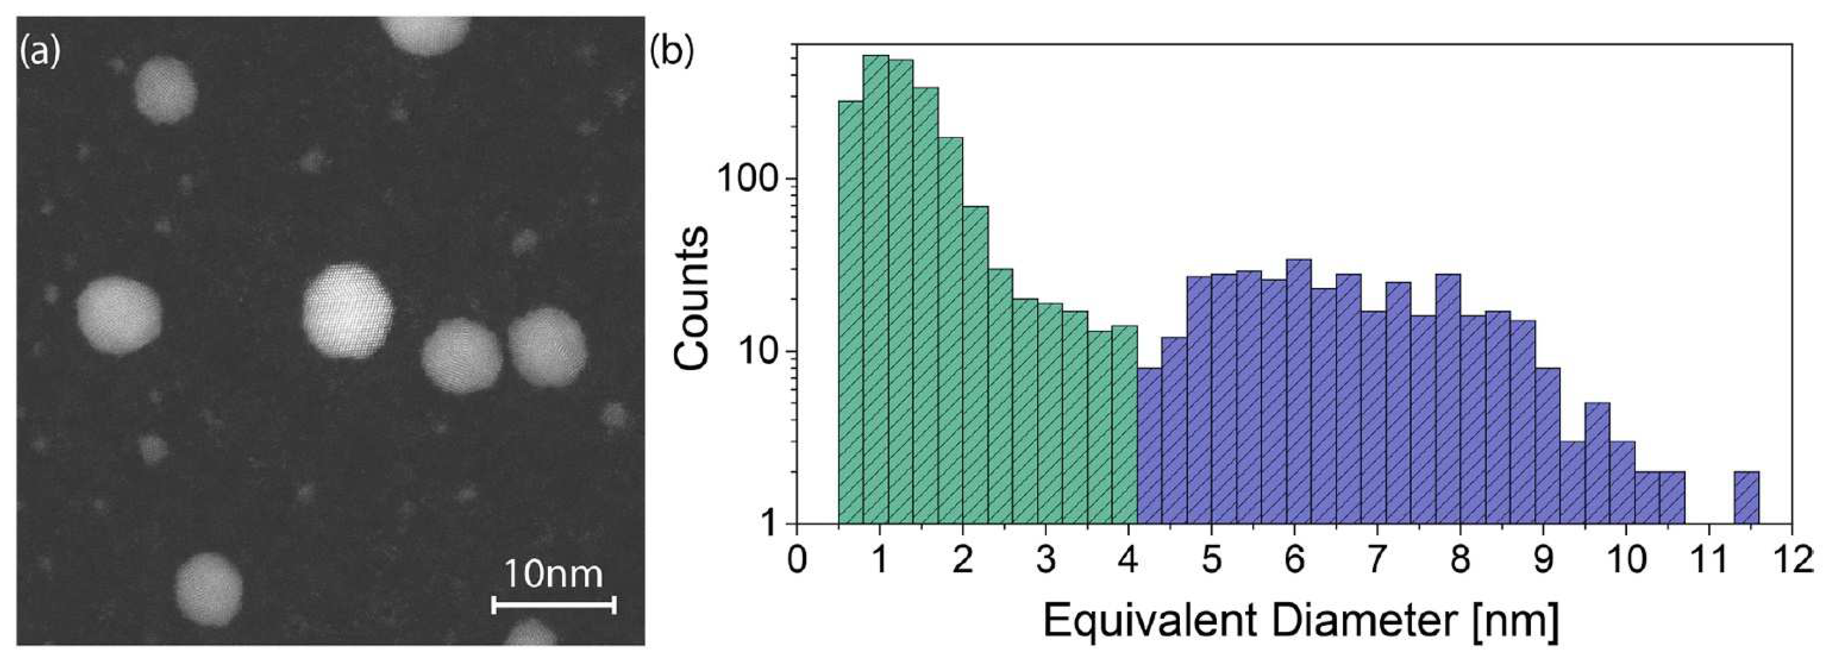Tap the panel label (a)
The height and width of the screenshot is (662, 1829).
click(x=40, y=51)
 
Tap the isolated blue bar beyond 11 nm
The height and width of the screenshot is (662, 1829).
click(x=1746, y=497)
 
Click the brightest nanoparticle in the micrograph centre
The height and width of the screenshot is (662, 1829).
click(x=347, y=311)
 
